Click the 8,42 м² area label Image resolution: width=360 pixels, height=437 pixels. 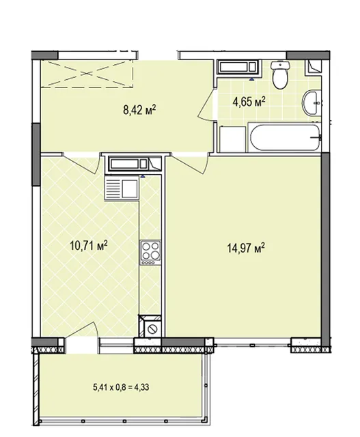point(139,110)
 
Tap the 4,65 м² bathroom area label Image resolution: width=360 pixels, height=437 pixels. point(249,102)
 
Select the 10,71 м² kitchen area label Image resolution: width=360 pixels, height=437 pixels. point(89,246)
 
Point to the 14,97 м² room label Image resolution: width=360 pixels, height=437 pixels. point(246,247)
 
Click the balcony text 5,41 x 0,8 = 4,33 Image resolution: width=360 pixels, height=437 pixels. point(121,387)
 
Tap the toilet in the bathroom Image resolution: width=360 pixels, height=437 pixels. point(280,74)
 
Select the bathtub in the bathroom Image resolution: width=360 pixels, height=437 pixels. point(285,138)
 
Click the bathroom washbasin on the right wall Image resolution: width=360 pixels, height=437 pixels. point(311,102)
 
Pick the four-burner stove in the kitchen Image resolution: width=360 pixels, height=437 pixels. point(150,253)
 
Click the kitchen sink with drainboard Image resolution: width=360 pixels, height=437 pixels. point(122,188)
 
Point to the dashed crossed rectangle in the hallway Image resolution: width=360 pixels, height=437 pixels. point(87,74)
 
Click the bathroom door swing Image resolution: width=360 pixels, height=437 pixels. point(206,104)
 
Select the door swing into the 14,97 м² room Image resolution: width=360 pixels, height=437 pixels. point(190,165)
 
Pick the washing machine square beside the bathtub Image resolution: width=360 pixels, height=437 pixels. point(232,139)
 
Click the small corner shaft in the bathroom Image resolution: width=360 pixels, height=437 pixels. point(313,67)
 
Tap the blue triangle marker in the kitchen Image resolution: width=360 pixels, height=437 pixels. point(143,176)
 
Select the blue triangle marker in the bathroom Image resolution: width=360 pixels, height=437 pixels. point(252,79)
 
